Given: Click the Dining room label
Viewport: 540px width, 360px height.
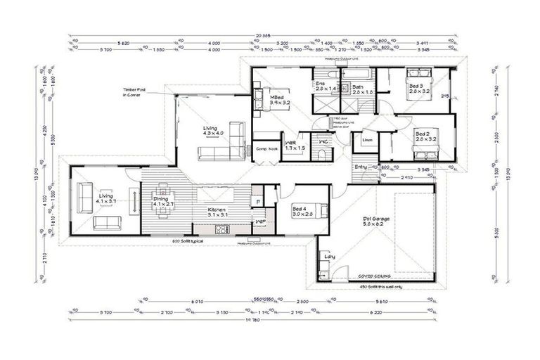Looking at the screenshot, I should point(162,202).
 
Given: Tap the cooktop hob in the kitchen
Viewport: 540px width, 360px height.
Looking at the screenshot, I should point(222,229).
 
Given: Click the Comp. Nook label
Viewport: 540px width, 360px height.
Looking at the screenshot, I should point(266,149).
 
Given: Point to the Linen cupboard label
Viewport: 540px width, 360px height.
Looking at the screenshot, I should point(367,141).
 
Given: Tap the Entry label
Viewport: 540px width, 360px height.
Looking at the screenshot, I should point(361,167).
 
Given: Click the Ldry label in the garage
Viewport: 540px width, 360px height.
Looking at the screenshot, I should point(329,257).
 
